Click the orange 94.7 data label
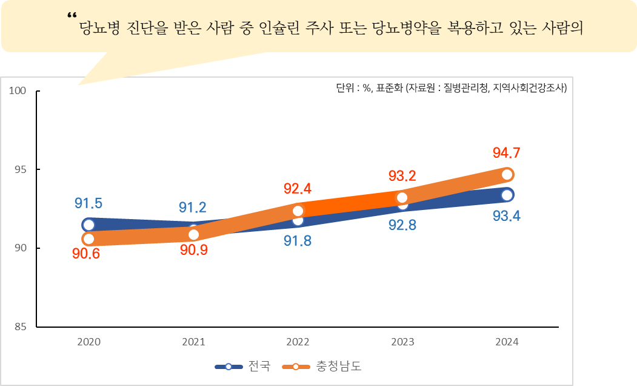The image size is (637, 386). (507, 152)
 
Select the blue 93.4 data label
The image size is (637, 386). (507, 216)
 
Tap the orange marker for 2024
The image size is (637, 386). (507, 175)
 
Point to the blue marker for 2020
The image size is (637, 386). (88, 225)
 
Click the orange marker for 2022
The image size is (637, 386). (298, 211)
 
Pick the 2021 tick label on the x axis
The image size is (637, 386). (193, 342)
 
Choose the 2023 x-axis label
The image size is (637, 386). (402, 342)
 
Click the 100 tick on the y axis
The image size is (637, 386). (18, 91)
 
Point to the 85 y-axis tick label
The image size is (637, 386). (20, 327)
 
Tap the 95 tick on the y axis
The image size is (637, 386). (20, 169)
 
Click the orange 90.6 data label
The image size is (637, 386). (86, 254)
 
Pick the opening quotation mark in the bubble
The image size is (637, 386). (73, 16)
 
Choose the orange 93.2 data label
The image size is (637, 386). (402, 177)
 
